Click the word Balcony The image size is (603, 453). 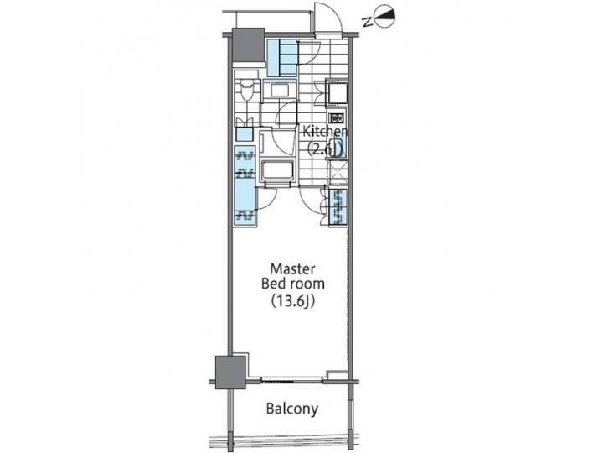292,409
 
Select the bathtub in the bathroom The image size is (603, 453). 277,170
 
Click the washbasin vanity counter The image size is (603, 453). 277,91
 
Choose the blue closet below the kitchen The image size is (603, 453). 339,208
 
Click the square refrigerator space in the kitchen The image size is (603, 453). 337,92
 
